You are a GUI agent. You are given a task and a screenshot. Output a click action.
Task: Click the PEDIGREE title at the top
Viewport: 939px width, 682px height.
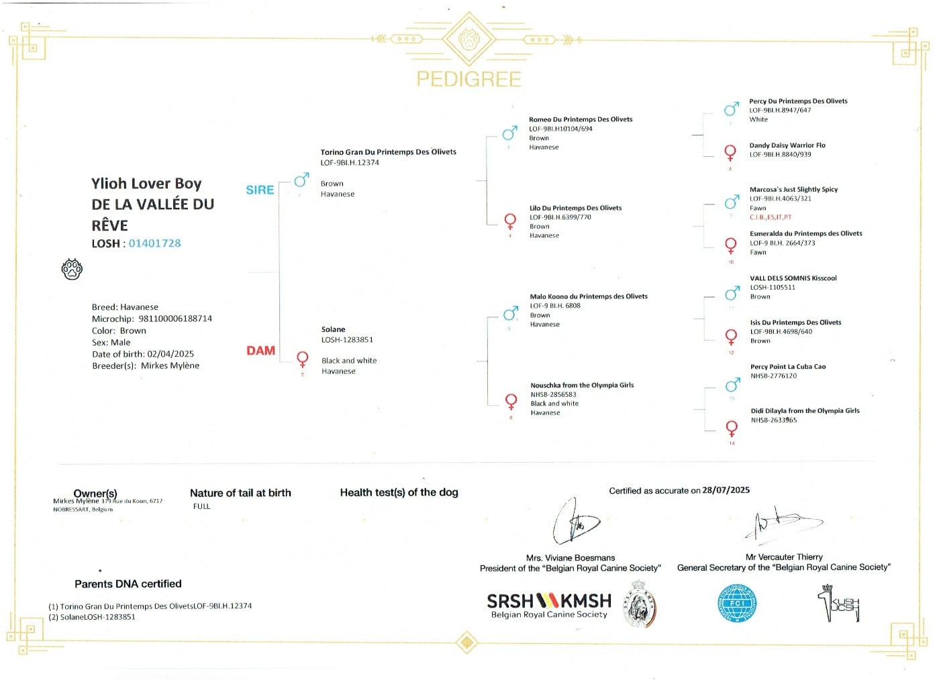click(x=468, y=79)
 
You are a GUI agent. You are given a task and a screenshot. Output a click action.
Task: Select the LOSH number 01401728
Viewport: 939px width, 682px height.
click(x=154, y=243)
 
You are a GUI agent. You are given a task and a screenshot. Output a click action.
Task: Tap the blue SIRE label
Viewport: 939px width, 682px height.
click(x=260, y=190)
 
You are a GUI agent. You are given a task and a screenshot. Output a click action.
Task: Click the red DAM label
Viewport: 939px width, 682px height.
click(x=260, y=350)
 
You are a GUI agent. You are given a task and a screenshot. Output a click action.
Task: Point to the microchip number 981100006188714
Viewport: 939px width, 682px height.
click(x=175, y=319)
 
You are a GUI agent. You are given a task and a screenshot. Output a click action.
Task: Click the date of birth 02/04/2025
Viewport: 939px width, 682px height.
click(x=170, y=354)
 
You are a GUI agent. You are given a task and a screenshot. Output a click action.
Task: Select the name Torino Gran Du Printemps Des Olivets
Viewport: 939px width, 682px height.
click(x=388, y=152)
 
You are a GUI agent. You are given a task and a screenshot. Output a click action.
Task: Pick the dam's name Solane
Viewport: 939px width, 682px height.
click(x=333, y=329)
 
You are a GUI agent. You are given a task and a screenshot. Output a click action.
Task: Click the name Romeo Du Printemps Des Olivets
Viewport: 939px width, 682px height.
click(x=581, y=119)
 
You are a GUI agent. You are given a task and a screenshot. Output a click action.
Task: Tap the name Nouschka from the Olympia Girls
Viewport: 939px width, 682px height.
click(x=582, y=385)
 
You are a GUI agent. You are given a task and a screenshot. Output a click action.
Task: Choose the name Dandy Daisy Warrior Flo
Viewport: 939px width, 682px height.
click(x=787, y=145)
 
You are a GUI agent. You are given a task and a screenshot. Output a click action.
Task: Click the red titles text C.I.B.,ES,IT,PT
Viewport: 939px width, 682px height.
click(x=771, y=217)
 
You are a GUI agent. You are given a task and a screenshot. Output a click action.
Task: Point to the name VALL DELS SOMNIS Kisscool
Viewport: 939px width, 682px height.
click(x=793, y=278)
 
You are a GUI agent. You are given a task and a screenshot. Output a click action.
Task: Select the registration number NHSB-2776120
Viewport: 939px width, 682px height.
click(x=773, y=376)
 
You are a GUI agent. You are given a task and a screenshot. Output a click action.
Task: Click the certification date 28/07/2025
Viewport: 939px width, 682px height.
click(x=726, y=490)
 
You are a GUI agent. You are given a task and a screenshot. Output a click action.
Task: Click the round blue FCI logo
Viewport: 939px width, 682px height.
click(x=737, y=603)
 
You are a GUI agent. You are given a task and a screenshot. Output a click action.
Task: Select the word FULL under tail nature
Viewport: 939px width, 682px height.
click(x=201, y=506)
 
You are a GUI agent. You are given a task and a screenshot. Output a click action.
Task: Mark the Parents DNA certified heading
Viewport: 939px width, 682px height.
click(x=128, y=584)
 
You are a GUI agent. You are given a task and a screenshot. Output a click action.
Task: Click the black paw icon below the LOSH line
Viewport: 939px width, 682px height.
click(x=72, y=269)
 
